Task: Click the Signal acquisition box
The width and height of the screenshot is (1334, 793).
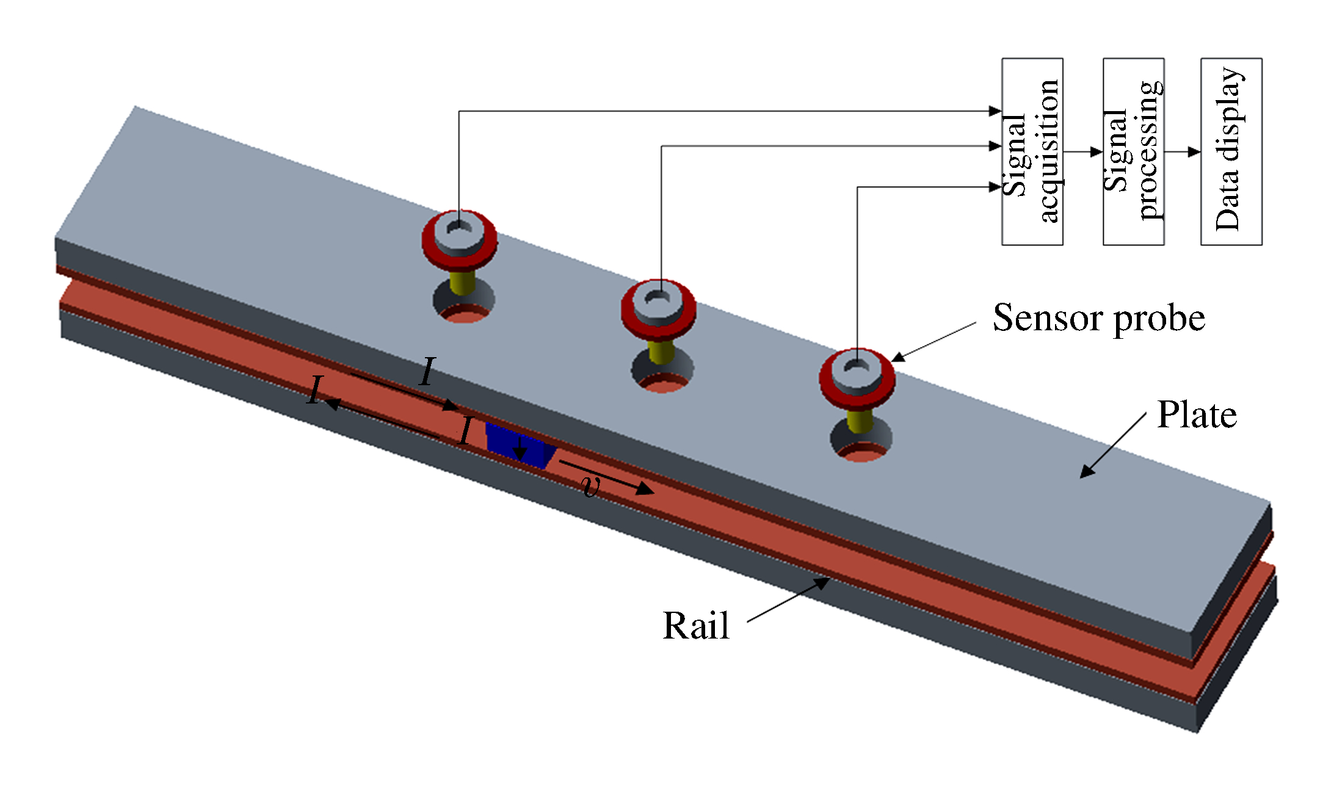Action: tap(1032, 151)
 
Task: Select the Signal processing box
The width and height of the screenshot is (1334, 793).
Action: tap(1133, 151)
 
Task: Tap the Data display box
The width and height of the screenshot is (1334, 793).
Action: tap(1231, 151)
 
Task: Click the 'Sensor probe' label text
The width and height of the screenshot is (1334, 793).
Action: tap(1098, 318)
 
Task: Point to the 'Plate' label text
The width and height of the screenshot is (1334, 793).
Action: tap(1197, 415)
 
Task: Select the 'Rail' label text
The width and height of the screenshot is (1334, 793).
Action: tap(696, 626)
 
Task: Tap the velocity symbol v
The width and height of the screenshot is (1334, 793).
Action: tap(590, 486)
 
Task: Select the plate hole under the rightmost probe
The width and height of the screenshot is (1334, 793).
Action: tap(861, 443)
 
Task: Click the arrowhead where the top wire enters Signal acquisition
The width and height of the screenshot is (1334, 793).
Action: tap(996, 111)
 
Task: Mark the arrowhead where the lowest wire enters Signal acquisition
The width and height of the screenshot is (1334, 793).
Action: tap(996, 187)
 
